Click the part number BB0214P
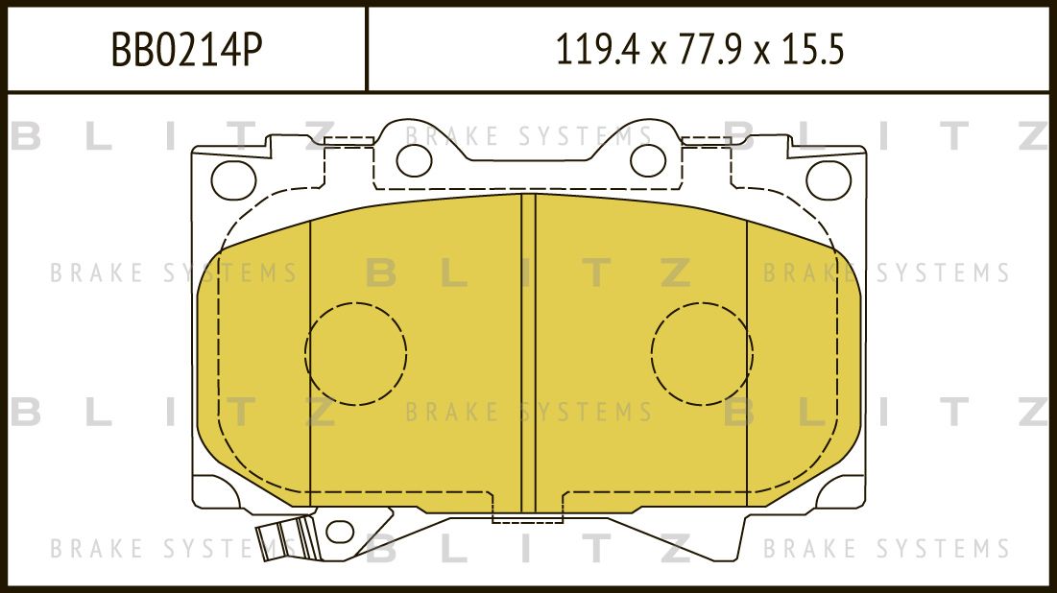click(x=186, y=50)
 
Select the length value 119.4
click(x=595, y=50)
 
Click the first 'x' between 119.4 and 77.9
click(x=658, y=53)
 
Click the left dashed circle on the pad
click(x=355, y=352)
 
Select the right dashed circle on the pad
click(x=702, y=352)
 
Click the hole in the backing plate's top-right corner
click(x=829, y=178)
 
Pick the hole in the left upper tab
click(x=414, y=160)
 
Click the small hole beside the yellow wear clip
click(x=338, y=531)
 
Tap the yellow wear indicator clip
click(x=288, y=538)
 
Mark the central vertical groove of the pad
click(x=528, y=355)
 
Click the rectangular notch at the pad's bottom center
click(x=528, y=515)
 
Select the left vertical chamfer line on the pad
click(x=311, y=365)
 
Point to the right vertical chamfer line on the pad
click(x=747, y=365)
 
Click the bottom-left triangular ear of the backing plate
click(x=223, y=493)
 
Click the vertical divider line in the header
click(x=368, y=49)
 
